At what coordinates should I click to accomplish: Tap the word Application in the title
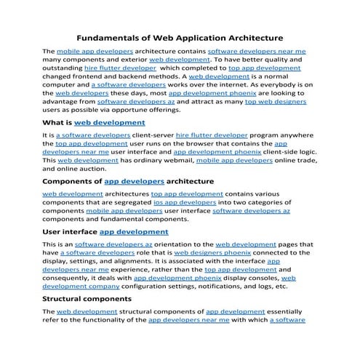(x=206, y=37)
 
